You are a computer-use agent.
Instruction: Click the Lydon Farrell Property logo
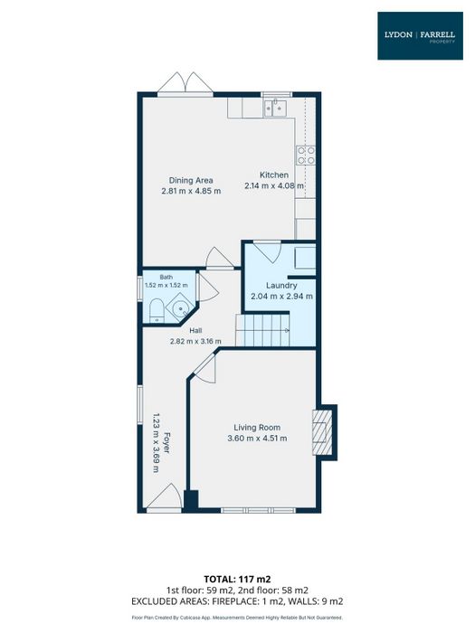pos(420,36)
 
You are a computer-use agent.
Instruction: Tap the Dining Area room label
pos(191,181)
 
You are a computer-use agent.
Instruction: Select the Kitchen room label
pos(274,175)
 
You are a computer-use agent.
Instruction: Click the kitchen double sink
pos(275,108)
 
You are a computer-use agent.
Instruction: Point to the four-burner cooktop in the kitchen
pos(306,156)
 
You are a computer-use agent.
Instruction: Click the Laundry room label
pos(281,286)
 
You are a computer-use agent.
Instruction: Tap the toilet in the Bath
pos(156,311)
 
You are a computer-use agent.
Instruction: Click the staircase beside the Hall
pos(262,331)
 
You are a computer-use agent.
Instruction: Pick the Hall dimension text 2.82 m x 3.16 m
pos(195,341)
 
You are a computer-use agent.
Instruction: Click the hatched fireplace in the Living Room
pos(322,432)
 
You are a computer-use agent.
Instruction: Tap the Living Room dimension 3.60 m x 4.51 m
pos(257,438)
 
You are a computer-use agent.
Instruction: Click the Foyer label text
pos(166,442)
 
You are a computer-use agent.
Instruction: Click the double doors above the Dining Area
pos(185,83)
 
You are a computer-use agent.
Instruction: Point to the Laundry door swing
pos(268,252)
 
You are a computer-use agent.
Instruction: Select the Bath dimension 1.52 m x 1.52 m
pos(166,285)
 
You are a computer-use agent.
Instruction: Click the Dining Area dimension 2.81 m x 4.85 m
pos(191,191)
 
